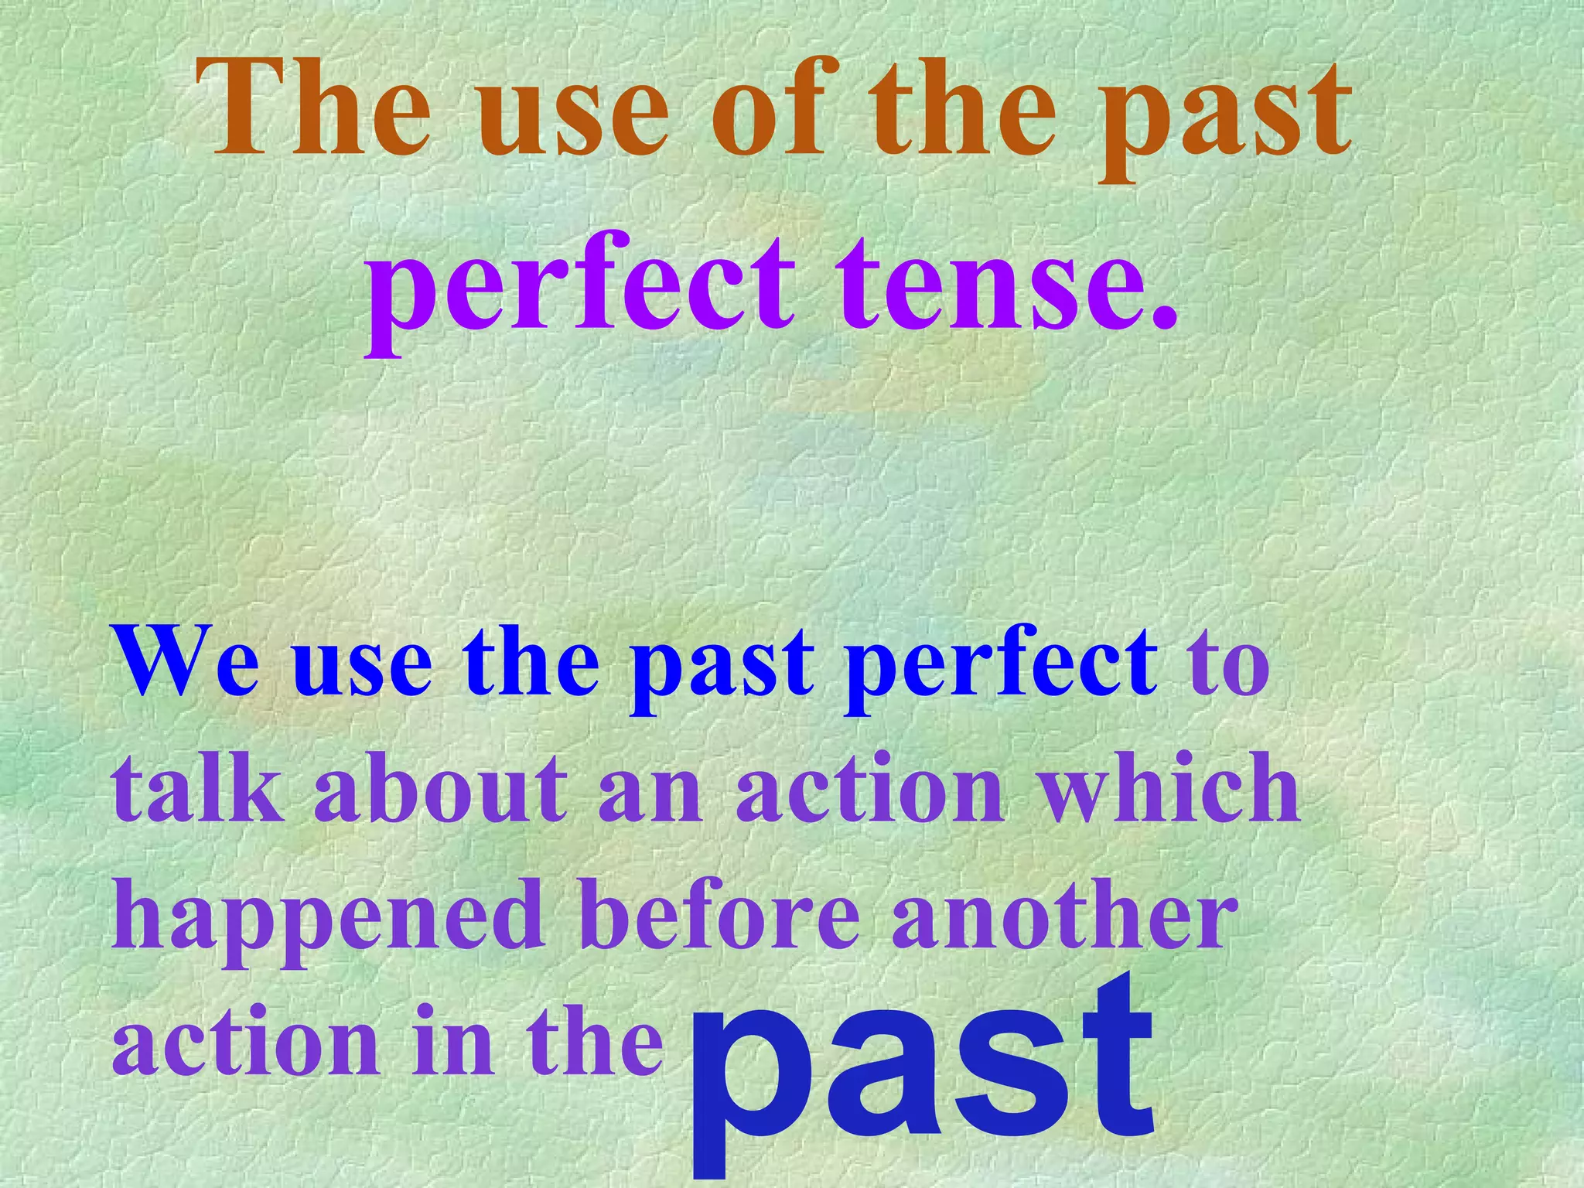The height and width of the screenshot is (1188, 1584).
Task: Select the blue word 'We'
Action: (186, 664)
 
